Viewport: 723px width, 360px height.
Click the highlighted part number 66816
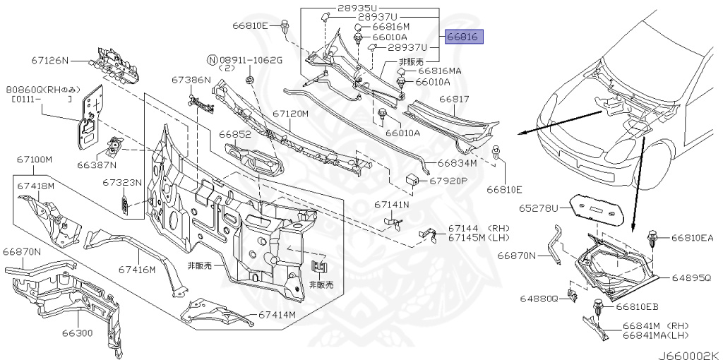[464, 37]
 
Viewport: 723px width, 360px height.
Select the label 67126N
[50, 61]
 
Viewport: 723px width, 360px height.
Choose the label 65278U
[539, 208]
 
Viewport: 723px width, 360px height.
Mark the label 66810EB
[637, 307]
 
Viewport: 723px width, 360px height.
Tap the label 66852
[235, 134]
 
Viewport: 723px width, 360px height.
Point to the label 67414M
[276, 315]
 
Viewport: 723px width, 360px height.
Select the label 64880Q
[539, 299]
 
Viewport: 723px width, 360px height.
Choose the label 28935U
[358, 7]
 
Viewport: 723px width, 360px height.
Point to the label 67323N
[121, 182]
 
